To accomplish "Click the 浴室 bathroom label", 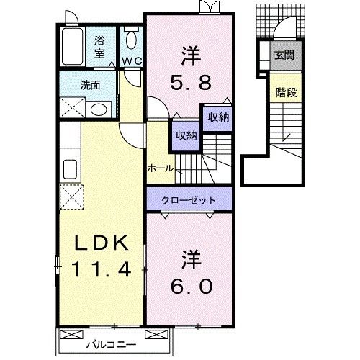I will coord(100,47).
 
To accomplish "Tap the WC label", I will coord(130,62).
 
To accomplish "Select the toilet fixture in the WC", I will coord(131,40).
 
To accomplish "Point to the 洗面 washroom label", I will coord(90,84).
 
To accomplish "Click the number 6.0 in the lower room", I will coord(191,287).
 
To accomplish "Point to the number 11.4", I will coord(100,271).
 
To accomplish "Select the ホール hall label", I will coord(160,168).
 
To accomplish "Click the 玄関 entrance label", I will coord(282,54).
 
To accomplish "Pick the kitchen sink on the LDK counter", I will coord(71,170).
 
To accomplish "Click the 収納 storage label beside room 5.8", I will coord(219,117).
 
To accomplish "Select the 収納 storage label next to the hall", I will coord(184,135).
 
